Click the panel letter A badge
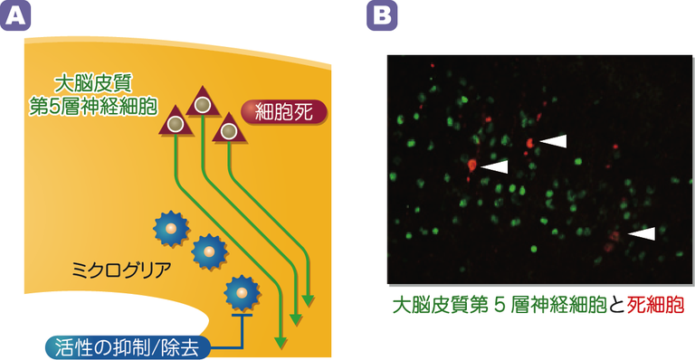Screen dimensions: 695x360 tap(19, 16)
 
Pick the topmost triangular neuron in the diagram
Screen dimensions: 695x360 tap(202, 103)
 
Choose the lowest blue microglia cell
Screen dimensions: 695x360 tap(242, 291)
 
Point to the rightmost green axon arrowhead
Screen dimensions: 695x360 tap(310, 300)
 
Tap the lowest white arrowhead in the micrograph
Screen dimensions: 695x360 tap(641, 233)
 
